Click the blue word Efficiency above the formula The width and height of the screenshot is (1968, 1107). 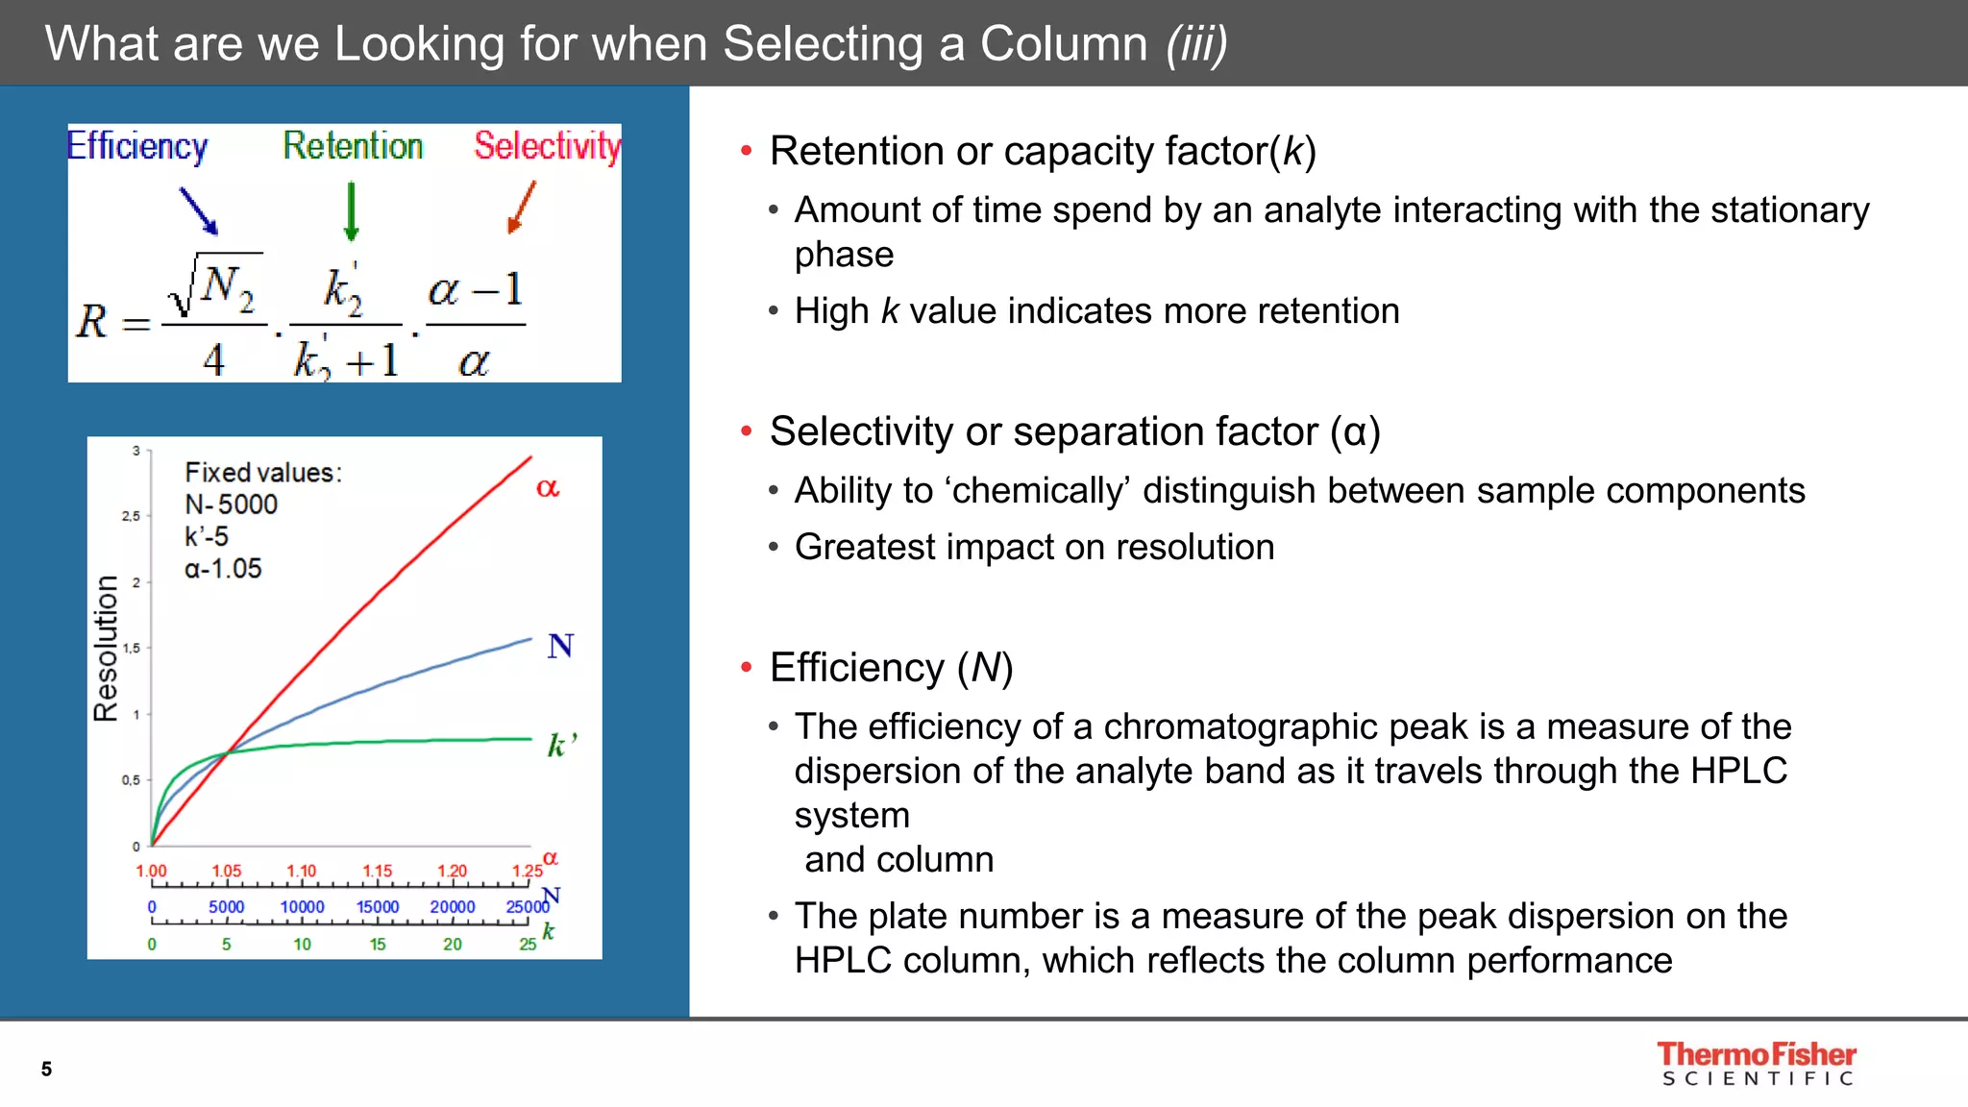tap(137, 146)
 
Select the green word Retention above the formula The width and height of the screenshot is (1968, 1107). tap(353, 146)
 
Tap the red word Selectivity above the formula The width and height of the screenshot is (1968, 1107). tap(547, 146)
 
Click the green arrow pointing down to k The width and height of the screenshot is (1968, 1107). tap(351, 210)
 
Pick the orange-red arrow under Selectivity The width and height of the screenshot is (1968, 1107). tap(521, 208)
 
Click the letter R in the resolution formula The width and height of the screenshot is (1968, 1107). tap(92, 322)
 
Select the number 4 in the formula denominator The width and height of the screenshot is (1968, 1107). tap(213, 360)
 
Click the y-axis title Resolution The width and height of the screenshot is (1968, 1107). tap(106, 649)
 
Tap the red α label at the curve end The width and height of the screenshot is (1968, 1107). tap(547, 487)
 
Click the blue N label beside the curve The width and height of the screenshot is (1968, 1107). tap(560, 646)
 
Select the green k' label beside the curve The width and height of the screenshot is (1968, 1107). tap(561, 745)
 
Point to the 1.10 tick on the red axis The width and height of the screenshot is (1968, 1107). tap(302, 871)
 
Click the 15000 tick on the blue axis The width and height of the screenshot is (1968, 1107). tap(378, 907)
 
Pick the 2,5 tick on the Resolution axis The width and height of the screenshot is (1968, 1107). tap(131, 516)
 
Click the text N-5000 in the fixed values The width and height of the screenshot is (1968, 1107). tap(231, 504)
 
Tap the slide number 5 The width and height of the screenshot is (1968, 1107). tap(46, 1069)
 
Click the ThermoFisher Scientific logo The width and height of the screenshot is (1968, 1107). tap(1757, 1064)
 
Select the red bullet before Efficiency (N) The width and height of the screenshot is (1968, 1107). tap(746, 668)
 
